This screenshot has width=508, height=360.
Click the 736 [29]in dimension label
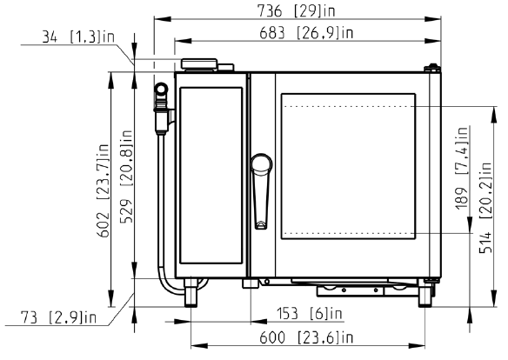[x=296, y=11]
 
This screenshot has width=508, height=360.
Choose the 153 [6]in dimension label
[x=310, y=313]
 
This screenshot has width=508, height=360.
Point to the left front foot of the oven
[x=190, y=292]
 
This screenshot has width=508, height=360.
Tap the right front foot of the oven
[x=425, y=293]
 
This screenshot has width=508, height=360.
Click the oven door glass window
[x=348, y=166]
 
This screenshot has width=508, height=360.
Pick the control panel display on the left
[x=211, y=175]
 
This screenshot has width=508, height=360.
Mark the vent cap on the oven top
[x=199, y=63]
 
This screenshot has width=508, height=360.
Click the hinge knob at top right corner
[x=432, y=68]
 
